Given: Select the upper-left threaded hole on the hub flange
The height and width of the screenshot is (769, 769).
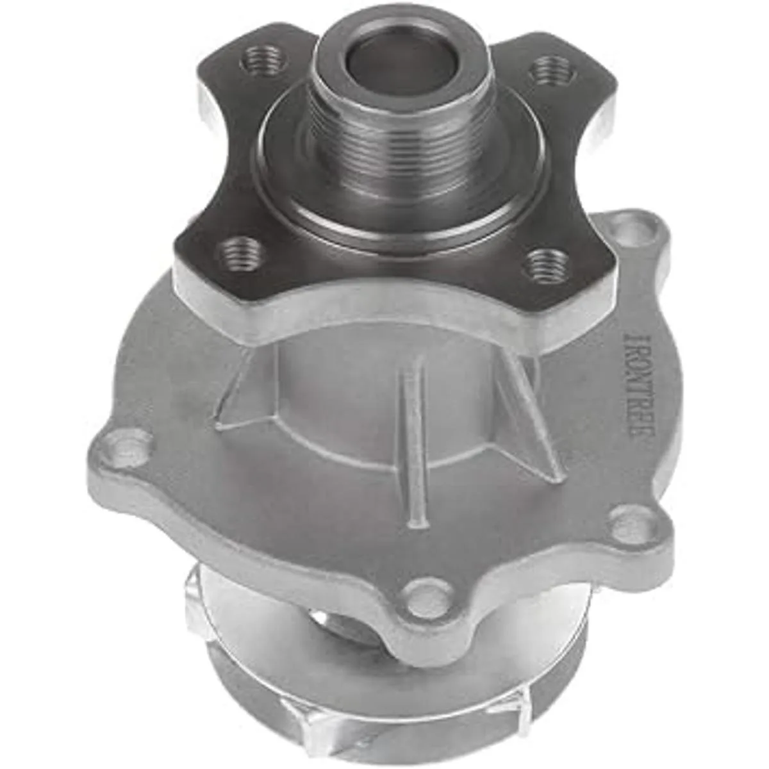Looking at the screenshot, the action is pyautogui.click(x=261, y=58).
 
